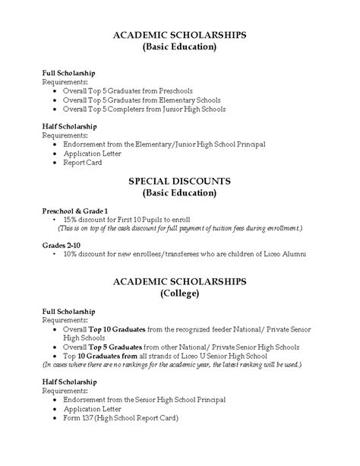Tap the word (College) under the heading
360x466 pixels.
click(x=180, y=293)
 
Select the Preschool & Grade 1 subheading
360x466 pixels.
click(x=74, y=209)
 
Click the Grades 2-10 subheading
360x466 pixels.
click(x=60, y=244)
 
